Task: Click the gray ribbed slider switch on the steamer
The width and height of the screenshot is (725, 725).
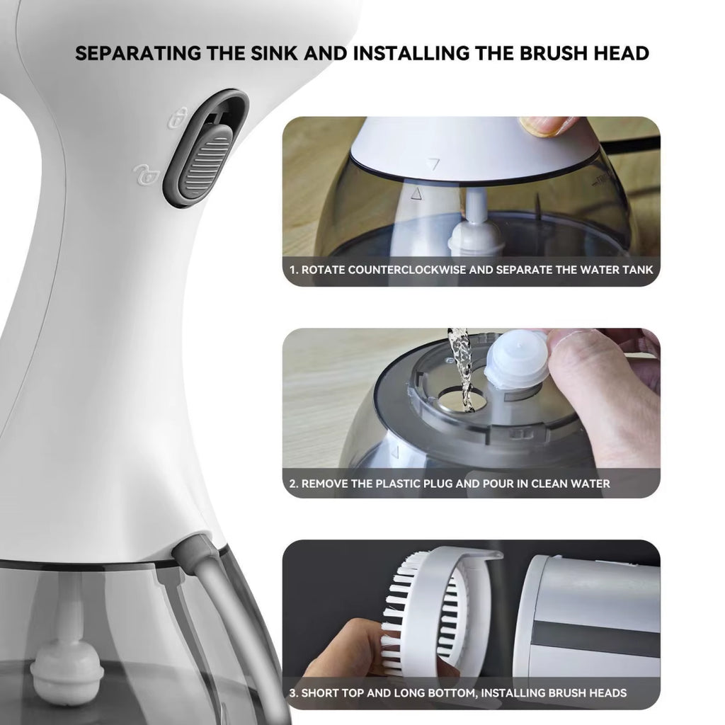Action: pos(205,164)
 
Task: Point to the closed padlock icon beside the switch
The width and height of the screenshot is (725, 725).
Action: pos(181,117)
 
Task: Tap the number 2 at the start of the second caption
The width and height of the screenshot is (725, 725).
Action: pos(293,484)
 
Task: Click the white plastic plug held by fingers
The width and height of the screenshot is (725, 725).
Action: pos(517,360)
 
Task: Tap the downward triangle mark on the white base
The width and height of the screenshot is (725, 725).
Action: pos(434,164)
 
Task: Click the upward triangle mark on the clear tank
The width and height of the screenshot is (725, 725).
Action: pos(416,192)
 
